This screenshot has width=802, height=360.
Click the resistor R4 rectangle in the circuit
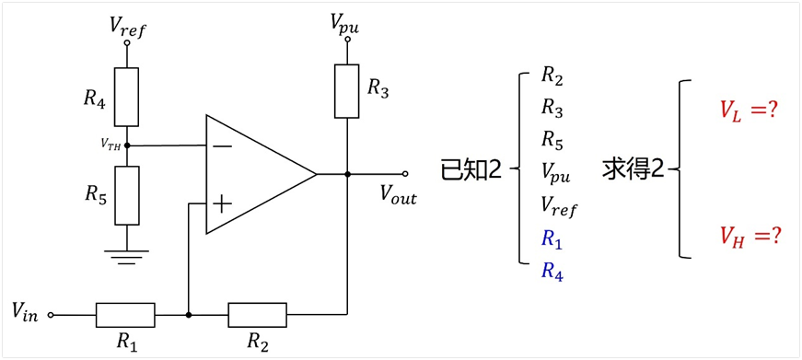point(126,97)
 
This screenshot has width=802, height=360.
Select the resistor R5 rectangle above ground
point(127,195)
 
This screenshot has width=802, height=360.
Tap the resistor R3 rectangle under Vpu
point(347,91)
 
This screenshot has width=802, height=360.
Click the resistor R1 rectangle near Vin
point(125,315)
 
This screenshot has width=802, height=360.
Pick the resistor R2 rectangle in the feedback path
point(258,315)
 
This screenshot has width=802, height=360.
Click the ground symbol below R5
point(126,257)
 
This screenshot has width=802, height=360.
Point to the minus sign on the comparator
point(222,146)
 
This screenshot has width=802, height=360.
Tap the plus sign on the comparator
point(222,205)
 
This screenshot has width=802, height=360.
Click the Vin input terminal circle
point(51,315)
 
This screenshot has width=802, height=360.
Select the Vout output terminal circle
point(405,174)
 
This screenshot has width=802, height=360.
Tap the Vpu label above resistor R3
point(344,24)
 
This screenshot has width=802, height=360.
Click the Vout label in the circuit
point(398,196)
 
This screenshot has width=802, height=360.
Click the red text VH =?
point(750,236)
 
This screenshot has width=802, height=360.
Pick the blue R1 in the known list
point(552,240)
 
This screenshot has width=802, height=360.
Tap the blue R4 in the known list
point(552,272)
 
